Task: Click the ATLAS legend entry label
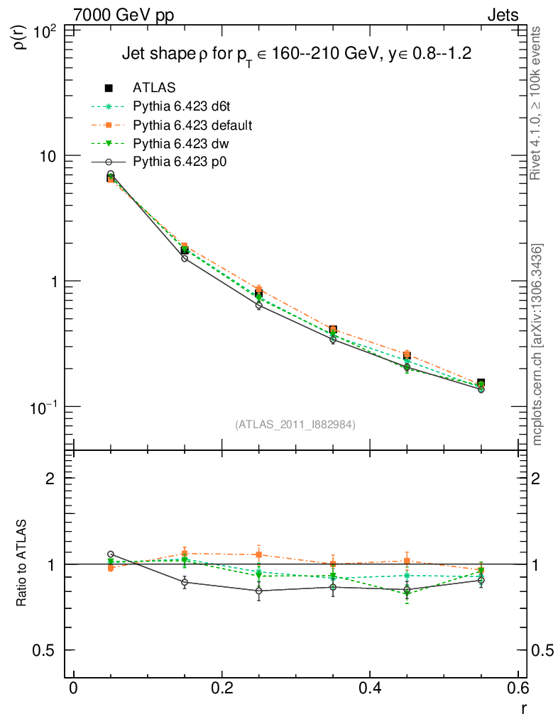[x=154, y=88]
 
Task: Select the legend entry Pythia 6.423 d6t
[x=182, y=106]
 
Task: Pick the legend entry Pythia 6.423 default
[x=192, y=125]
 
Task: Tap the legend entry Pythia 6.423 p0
[x=180, y=162]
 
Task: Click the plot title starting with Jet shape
[x=297, y=55]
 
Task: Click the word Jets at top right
[x=502, y=15]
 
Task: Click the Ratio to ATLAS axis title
[x=22, y=564]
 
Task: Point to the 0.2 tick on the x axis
[x=221, y=688]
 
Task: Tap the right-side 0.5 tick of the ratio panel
[x=541, y=650]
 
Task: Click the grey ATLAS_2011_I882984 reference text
[x=295, y=424]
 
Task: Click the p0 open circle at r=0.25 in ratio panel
[x=258, y=591]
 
